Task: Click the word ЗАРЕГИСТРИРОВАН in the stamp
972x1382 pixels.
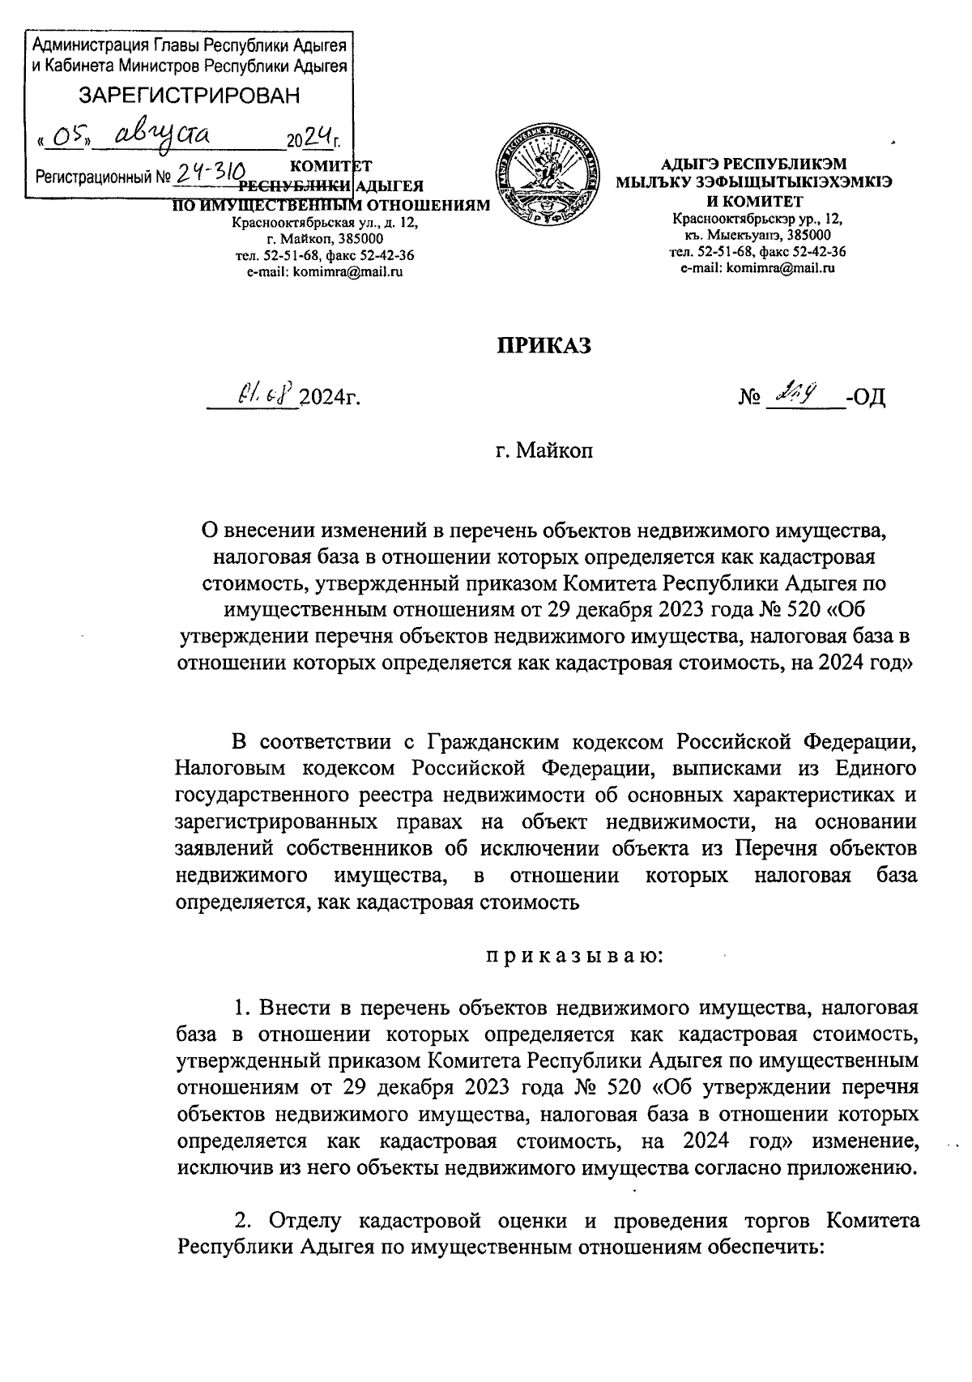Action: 188,96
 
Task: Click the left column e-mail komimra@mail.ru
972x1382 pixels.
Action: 324,272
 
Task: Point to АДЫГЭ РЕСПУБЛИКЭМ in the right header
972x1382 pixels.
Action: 753,167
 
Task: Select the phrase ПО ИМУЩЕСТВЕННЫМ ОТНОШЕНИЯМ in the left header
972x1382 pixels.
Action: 333,205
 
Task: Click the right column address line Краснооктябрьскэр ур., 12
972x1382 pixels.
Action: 756,219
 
